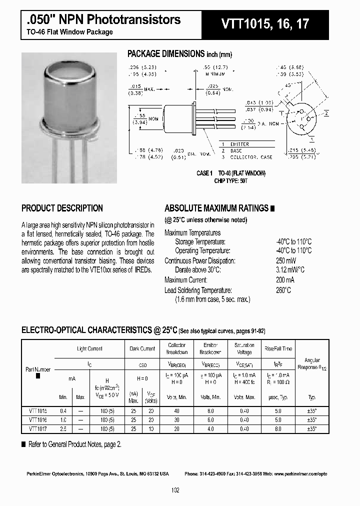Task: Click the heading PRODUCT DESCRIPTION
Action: click(x=62, y=208)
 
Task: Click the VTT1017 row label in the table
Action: click(x=38, y=428)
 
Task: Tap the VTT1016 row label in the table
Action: click(x=38, y=419)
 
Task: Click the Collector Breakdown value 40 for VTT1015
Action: click(x=176, y=410)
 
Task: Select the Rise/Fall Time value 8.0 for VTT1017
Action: click(x=278, y=428)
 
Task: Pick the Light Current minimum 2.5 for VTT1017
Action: click(x=63, y=428)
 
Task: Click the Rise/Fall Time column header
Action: click(x=278, y=348)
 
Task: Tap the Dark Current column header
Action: click(x=142, y=348)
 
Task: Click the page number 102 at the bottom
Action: click(x=175, y=490)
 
